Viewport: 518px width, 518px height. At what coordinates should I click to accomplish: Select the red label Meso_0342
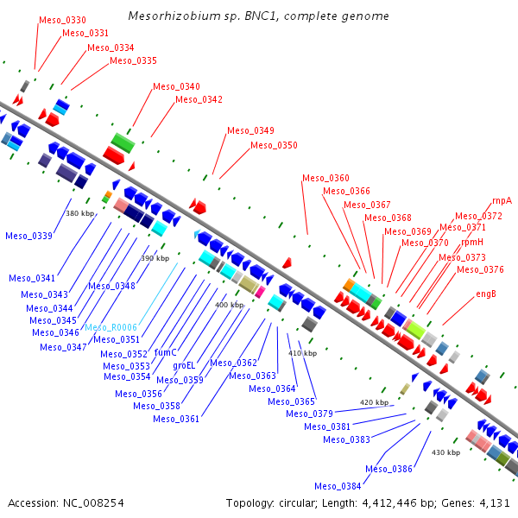[199, 99]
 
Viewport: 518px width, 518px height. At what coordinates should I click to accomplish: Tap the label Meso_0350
[274, 145]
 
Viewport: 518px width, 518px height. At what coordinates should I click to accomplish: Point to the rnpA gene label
[502, 199]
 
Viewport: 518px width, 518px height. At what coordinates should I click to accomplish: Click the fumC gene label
[165, 352]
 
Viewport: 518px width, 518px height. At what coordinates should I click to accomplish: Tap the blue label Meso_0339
[28, 236]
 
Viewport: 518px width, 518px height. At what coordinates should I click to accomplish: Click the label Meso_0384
[338, 485]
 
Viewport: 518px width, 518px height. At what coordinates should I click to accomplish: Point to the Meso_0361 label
[176, 419]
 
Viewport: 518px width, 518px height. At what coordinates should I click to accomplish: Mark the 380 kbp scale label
[79, 212]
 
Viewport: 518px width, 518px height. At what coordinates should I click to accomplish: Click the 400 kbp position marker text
[229, 305]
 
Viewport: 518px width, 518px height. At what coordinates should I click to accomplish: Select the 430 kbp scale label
[445, 452]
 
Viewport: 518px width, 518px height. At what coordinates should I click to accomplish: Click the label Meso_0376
[480, 269]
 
